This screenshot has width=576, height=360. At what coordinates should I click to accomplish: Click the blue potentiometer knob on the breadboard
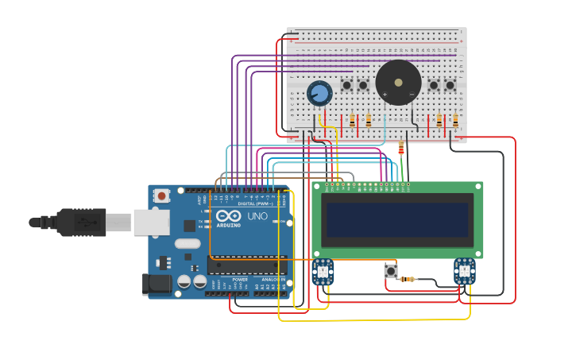point(319,93)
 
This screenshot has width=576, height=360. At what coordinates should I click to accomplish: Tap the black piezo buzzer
point(398,83)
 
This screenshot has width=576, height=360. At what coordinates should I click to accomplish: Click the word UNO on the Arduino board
point(258,216)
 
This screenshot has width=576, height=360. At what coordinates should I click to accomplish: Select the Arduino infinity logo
point(228,216)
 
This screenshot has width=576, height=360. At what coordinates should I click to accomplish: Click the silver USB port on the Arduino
point(151,223)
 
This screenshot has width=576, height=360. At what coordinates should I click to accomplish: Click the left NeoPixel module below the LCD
point(323,272)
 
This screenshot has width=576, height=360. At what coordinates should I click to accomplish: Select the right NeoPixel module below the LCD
point(464,271)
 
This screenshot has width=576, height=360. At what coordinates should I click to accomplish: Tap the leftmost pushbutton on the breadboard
point(346,84)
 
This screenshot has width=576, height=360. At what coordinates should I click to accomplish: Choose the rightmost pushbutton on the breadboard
point(450,85)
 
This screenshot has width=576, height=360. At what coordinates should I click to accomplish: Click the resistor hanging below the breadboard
point(400,148)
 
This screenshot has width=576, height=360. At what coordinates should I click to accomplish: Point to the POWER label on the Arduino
point(240,280)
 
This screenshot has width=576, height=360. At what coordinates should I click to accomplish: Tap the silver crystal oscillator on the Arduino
point(187,244)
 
